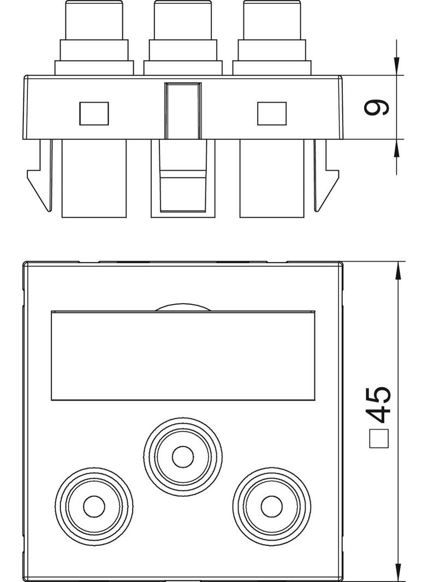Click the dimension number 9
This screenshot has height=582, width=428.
[376, 107]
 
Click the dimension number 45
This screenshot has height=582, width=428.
[378, 405]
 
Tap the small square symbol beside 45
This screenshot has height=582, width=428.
[378, 439]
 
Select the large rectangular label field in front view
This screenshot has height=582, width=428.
[183, 355]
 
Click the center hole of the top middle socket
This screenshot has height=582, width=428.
[183, 457]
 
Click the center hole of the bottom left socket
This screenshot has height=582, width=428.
[94, 506]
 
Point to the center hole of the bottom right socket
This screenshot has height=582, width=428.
[272, 506]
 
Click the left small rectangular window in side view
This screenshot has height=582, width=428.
[94, 114]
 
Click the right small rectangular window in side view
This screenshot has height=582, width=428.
[272, 114]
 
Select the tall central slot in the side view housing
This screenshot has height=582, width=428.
[183, 111]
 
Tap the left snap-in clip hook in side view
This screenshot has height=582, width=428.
[39, 176]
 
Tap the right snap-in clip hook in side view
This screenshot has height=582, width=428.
[326, 176]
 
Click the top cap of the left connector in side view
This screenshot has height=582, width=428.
[94, 20]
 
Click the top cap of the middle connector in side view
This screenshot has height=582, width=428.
[183, 20]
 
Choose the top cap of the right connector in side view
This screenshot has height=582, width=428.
[272, 20]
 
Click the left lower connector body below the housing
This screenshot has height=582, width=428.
[94, 178]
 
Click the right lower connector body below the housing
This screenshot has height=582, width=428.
[272, 178]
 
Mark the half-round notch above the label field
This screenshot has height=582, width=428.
[183, 307]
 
